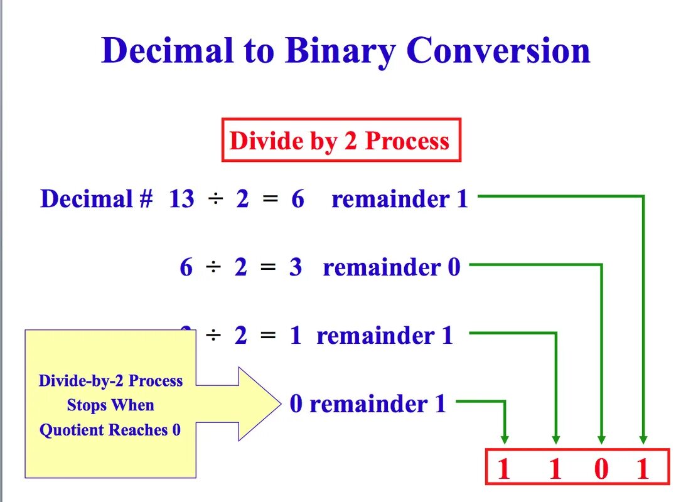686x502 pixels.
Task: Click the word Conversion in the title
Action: pos(498,50)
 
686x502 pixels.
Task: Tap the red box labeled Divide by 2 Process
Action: pos(341,140)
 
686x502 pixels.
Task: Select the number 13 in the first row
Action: pos(182,200)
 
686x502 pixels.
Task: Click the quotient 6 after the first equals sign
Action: pos(297,200)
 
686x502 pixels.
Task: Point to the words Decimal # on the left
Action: pos(97,200)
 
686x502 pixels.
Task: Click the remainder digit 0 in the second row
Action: pos(453,268)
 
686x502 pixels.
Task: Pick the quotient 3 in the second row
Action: pos(295,268)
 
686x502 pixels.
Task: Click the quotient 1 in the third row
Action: pos(296,336)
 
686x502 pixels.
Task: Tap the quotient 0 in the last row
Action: pos(296,404)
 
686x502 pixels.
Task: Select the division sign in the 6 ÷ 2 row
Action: pos(214,268)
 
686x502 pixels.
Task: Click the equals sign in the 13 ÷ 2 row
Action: pos(270,200)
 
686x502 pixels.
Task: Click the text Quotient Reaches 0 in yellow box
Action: pos(110,430)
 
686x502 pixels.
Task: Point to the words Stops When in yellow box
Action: pos(110,405)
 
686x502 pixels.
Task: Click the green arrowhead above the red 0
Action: pos(602,439)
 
